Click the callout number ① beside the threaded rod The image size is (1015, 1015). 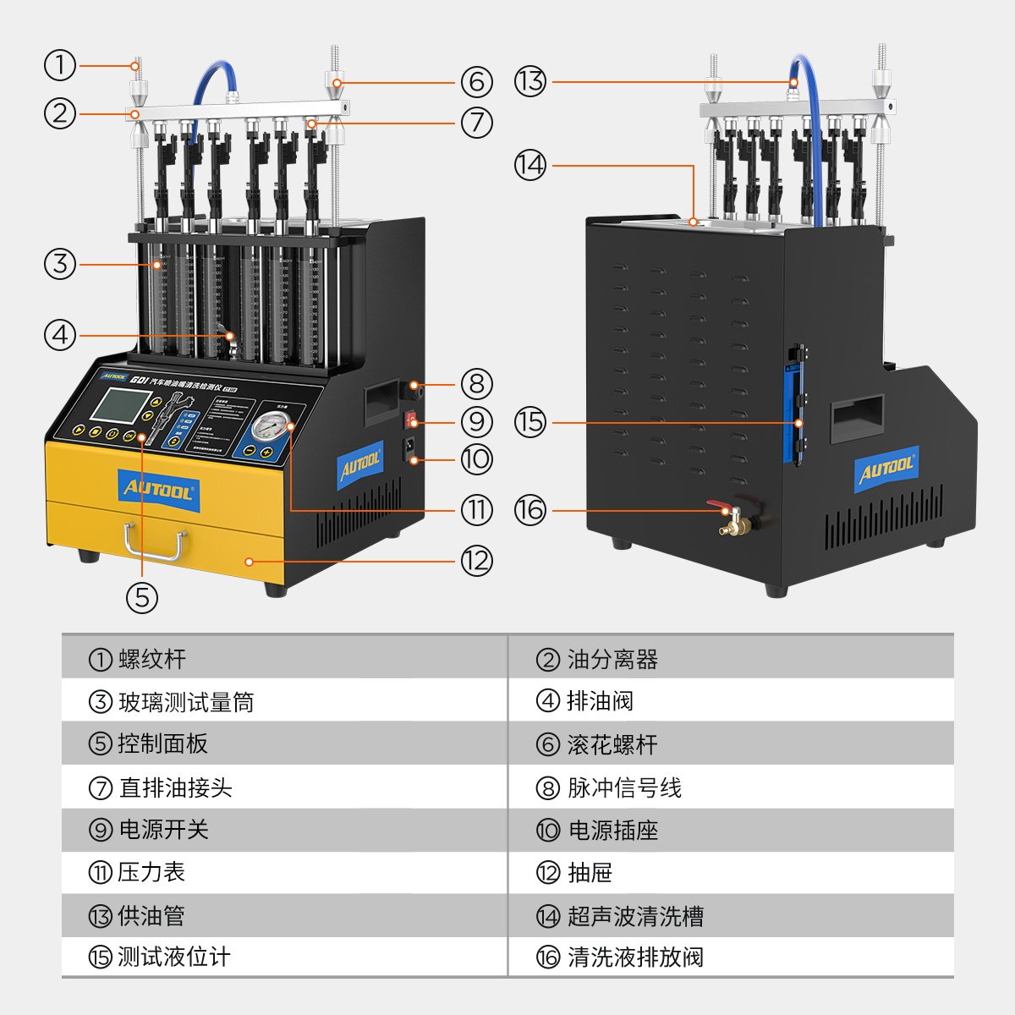(x=60, y=64)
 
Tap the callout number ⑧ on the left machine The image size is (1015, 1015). (x=477, y=384)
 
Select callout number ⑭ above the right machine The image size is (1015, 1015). (x=530, y=165)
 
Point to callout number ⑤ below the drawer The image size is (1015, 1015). (x=142, y=597)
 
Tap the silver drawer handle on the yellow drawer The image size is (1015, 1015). (x=153, y=542)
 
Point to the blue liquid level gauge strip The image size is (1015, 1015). (x=796, y=406)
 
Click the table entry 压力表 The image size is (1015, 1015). (x=151, y=872)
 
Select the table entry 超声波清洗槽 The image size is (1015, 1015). (x=635, y=915)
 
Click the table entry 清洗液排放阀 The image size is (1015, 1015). (x=635, y=957)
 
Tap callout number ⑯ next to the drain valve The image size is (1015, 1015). (x=530, y=510)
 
